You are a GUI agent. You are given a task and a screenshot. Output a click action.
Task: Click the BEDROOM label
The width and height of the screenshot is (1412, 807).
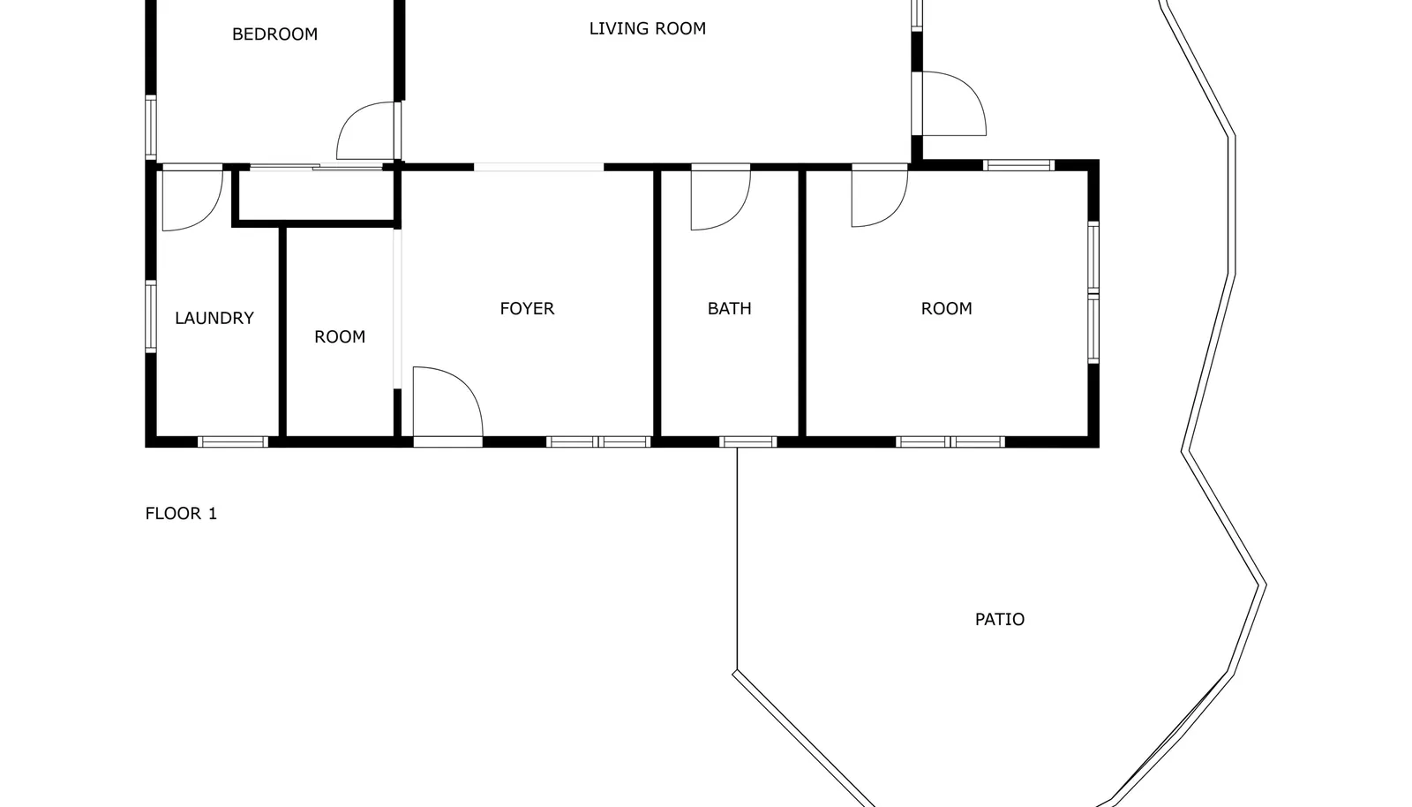(x=274, y=34)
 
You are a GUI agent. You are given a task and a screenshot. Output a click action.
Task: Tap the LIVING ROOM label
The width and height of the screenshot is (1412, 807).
(x=648, y=28)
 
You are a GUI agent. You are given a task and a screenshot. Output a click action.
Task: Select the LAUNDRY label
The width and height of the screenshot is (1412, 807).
(x=214, y=318)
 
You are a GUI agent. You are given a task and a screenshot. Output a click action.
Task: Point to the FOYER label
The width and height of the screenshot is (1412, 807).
(x=527, y=308)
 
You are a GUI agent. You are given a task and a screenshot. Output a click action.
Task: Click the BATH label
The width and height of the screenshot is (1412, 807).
(x=729, y=308)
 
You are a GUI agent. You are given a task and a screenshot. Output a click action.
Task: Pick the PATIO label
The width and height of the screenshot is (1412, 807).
(x=1000, y=619)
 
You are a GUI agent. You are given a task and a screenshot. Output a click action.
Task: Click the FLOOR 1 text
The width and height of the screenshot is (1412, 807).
(x=181, y=513)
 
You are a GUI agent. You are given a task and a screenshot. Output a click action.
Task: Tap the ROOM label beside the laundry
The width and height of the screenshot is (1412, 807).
(x=340, y=336)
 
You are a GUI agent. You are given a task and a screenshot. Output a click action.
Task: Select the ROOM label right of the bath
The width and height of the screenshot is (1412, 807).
(x=946, y=308)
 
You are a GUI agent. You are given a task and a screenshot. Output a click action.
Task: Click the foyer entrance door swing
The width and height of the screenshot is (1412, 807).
(x=467, y=385)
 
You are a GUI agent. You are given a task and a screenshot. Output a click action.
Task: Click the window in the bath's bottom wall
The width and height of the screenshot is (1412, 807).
(x=748, y=442)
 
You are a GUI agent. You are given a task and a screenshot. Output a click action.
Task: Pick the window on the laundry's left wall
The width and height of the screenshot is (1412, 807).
(x=151, y=316)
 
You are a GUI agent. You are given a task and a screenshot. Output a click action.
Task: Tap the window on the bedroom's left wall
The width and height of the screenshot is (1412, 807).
(x=151, y=127)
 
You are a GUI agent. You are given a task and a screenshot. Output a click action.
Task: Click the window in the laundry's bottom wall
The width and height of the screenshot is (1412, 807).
(x=233, y=442)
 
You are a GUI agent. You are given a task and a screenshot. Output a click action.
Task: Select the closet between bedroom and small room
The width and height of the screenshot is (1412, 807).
(x=316, y=195)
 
